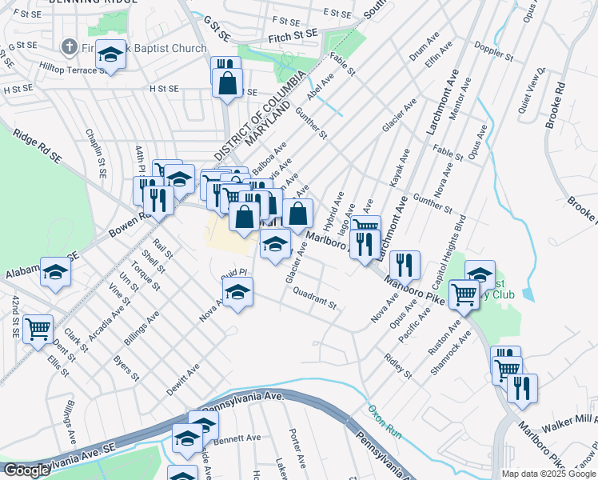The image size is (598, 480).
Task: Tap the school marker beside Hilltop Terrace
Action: click(x=111, y=55)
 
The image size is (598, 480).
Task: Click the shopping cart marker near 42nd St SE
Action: click(x=38, y=329)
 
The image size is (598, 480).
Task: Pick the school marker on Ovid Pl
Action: click(x=237, y=294)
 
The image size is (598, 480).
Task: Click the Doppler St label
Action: click(x=494, y=54)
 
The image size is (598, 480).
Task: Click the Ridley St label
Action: click(x=397, y=366)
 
